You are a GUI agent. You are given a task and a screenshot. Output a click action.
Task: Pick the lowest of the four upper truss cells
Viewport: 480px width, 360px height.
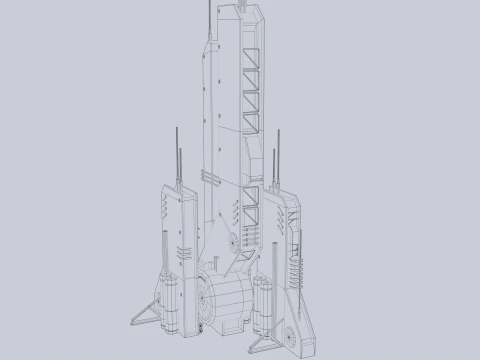click(x=251, y=123)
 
